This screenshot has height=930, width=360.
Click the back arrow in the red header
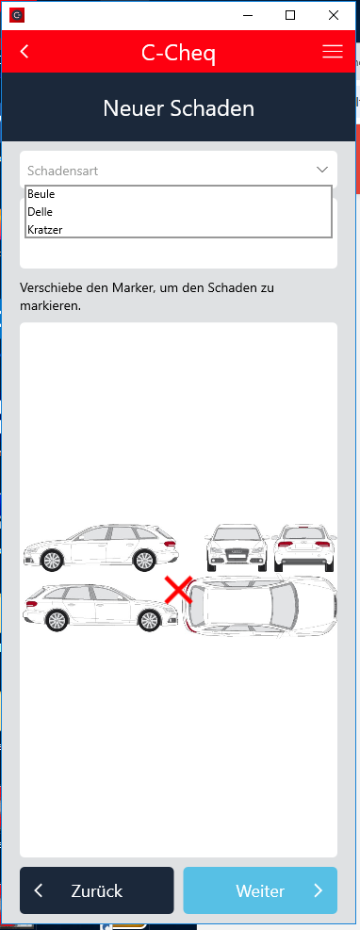25,52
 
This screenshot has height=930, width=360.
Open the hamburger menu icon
333,52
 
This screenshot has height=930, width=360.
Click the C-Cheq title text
178,54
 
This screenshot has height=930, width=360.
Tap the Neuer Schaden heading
178,108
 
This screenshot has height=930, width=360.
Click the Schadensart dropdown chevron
322,170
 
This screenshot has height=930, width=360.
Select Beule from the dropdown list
41,194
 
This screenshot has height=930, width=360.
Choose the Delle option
40,212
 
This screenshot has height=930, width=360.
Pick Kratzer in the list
44,230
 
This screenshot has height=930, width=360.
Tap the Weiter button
260,890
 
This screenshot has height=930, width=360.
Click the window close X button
334,15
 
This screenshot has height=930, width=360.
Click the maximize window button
290,15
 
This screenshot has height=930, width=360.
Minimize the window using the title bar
247,15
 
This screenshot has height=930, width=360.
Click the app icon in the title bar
17,15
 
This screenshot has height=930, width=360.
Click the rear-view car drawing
304,547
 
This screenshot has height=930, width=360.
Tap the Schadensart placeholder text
63,171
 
